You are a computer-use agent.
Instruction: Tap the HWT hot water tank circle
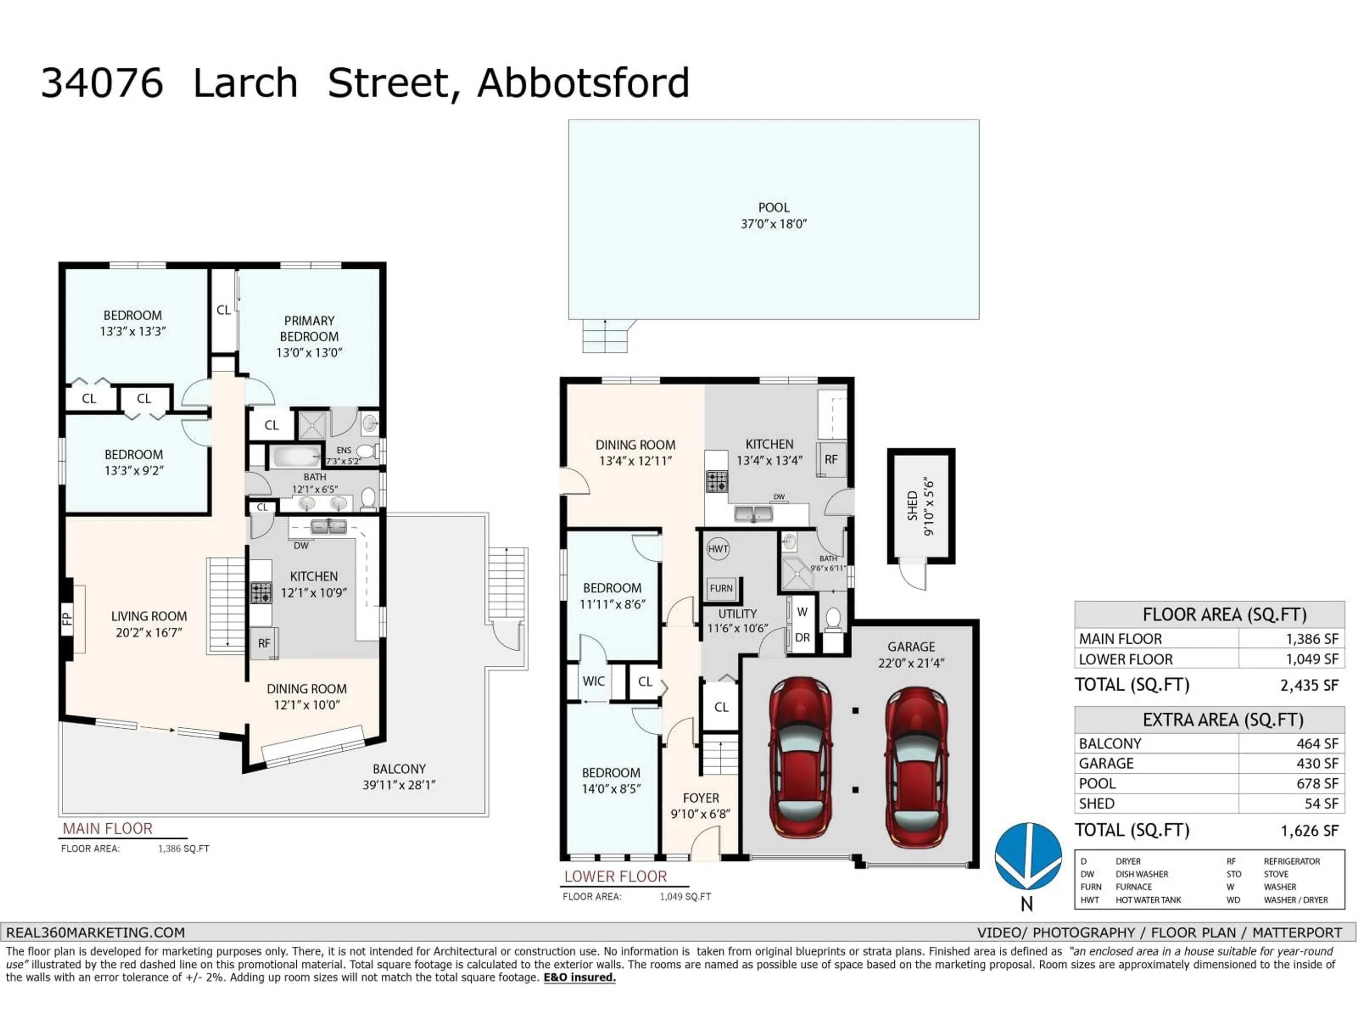tap(718, 549)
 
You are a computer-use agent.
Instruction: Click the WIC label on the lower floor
tap(593, 681)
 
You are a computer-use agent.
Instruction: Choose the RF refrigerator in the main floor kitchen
tap(264, 643)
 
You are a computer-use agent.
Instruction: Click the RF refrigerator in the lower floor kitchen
tap(831, 460)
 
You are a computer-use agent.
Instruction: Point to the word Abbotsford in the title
tap(583, 83)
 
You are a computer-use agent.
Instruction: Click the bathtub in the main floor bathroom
tap(296, 457)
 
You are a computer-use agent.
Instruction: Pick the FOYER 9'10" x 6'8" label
tap(700, 806)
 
